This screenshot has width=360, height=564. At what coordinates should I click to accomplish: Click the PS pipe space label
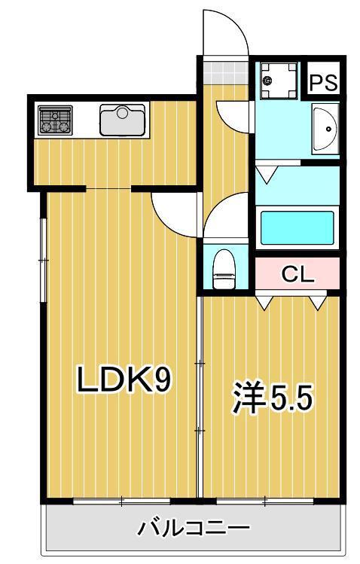point(323,82)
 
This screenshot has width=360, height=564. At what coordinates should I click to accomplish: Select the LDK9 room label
point(124,379)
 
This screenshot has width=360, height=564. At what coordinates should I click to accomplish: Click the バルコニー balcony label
point(194,528)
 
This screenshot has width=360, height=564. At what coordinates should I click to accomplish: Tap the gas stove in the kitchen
point(55,120)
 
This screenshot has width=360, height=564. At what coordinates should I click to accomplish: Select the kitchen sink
point(122,120)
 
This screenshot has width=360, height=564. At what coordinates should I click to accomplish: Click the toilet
point(224,269)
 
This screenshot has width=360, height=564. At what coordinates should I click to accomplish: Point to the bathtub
point(297,228)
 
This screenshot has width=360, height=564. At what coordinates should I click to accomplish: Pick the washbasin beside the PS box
point(325,129)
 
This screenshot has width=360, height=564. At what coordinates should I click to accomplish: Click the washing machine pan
point(279,81)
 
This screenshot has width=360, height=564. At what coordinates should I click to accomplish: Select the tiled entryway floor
point(226,72)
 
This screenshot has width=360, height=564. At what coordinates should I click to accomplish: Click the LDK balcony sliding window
point(121,501)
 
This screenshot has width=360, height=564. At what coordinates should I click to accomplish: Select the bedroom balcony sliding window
point(265,501)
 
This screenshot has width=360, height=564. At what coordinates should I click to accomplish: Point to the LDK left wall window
point(43,260)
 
